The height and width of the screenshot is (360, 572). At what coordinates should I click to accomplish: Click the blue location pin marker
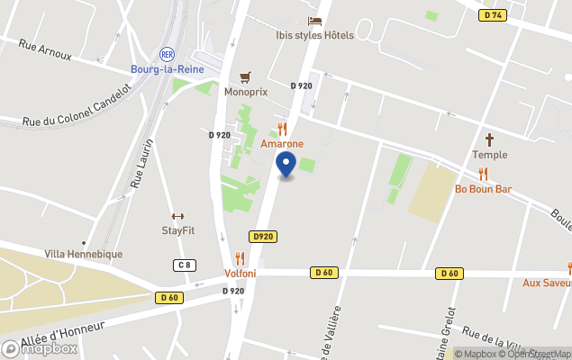point(286,166)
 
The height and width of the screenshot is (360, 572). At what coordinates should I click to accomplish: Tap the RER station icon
point(166,54)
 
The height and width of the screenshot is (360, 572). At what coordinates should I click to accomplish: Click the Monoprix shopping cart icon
point(245,76)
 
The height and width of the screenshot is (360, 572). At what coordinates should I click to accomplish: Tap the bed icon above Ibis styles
point(314,21)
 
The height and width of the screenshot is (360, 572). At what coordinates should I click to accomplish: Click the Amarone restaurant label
point(282,144)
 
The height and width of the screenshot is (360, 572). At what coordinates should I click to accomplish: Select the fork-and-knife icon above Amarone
point(282,129)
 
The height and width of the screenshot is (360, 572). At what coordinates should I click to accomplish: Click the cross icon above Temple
point(490,139)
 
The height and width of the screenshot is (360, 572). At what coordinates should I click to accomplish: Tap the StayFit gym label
point(177,230)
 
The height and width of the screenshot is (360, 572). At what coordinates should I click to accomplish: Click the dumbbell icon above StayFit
point(177,216)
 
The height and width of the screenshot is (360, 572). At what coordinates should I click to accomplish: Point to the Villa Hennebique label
point(84,255)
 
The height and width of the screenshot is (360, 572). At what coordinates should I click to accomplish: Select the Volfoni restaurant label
point(240,274)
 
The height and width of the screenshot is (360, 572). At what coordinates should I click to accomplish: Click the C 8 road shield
point(184,265)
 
